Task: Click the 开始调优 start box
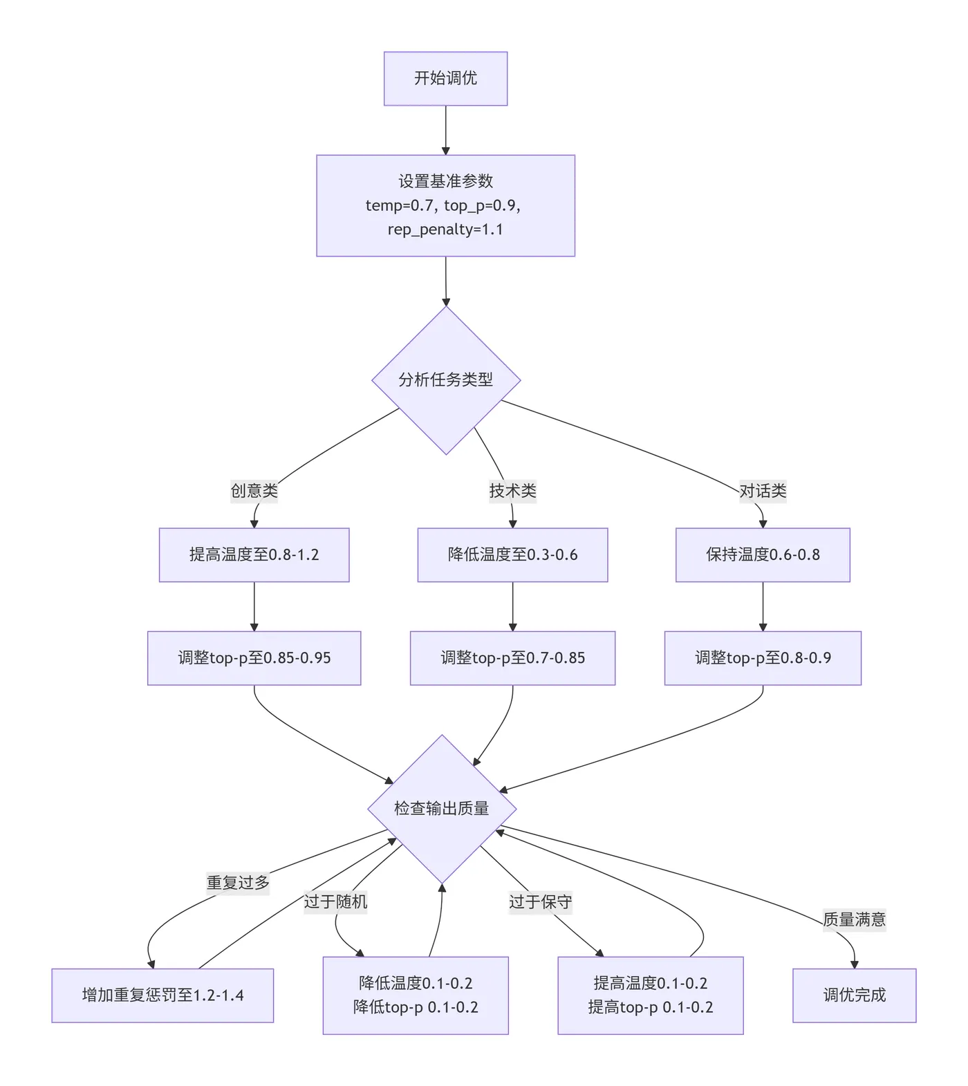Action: (x=445, y=78)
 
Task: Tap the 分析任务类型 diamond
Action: (x=445, y=380)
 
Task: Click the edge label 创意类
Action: (x=254, y=491)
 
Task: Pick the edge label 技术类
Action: (x=512, y=491)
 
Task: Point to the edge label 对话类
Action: (x=763, y=491)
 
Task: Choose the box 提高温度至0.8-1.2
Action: (x=254, y=554)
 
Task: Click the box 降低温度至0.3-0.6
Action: (x=512, y=554)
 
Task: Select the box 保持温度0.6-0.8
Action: (x=763, y=554)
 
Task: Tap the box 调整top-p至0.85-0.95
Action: (x=254, y=657)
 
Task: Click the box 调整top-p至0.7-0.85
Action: (x=512, y=657)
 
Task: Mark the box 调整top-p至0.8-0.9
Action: (x=763, y=657)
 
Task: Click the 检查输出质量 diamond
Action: (x=442, y=808)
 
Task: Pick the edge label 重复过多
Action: (x=238, y=883)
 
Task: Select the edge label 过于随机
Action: (x=335, y=901)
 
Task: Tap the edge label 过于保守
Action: (x=540, y=901)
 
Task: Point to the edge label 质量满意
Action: (x=854, y=919)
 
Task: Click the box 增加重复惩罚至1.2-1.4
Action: (x=162, y=995)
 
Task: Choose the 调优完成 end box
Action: (x=854, y=995)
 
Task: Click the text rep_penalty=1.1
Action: (x=445, y=230)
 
